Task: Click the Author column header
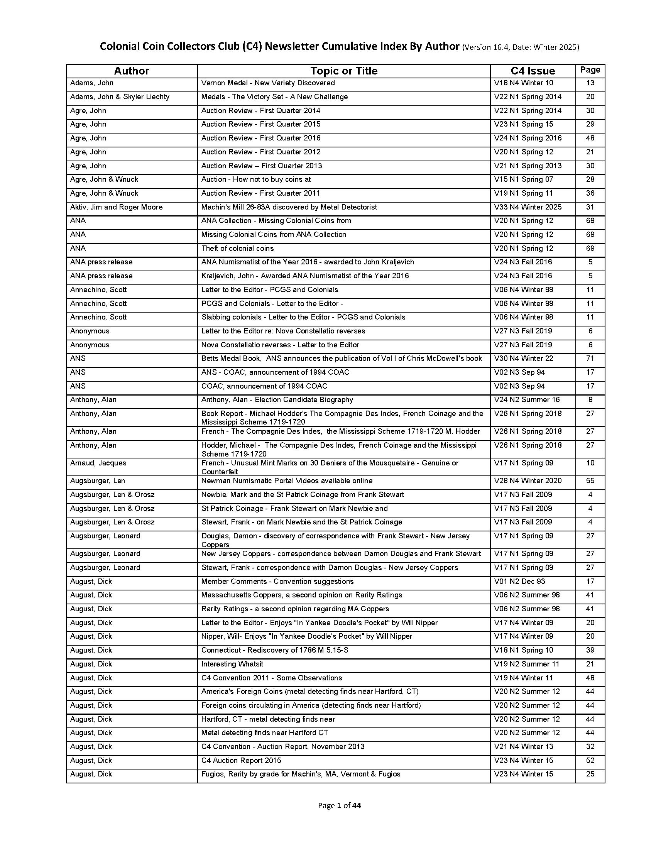131,71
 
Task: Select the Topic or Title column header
343,71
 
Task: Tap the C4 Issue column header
533,71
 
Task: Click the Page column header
590,70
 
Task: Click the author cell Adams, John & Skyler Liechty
120,97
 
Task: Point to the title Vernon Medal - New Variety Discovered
268,83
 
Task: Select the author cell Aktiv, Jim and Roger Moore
116,207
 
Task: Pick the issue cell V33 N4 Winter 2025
528,207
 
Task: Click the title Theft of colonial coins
237,249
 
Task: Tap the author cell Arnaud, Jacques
98,463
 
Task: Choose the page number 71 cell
590,359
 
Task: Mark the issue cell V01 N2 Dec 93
519,582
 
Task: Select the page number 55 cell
590,481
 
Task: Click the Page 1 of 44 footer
339,805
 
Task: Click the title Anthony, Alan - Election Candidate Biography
277,400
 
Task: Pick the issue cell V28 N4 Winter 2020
528,481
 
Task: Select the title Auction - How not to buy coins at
256,179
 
